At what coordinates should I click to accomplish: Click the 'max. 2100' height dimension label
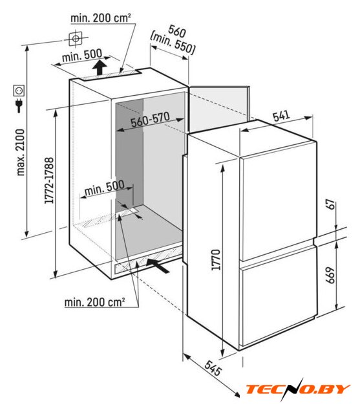tap(21, 153)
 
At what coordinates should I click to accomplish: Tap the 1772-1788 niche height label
tap(49, 180)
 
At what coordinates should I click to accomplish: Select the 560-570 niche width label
tap(150, 120)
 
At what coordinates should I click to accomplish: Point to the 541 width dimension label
tap(281, 116)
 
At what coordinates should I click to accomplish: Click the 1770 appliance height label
tap(216, 259)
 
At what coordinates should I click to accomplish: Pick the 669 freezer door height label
tap(330, 276)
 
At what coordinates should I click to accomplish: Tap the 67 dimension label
tap(331, 204)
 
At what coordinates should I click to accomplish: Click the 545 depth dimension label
tap(213, 368)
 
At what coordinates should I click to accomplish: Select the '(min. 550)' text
tap(173, 44)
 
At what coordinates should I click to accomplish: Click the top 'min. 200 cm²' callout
tap(101, 18)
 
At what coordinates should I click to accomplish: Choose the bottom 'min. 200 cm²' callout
tap(94, 302)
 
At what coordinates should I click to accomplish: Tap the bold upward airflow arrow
tap(100, 67)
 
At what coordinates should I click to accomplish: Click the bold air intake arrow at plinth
tap(158, 266)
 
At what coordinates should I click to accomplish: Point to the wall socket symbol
tap(19, 91)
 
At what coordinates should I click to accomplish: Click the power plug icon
tap(19, 105)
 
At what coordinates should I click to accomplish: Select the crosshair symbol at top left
tap(76, 39)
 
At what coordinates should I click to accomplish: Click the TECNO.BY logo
tap(299, 389)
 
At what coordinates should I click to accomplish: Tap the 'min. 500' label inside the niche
tap(105, 188)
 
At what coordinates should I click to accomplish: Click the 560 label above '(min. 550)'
tap(177, 31)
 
